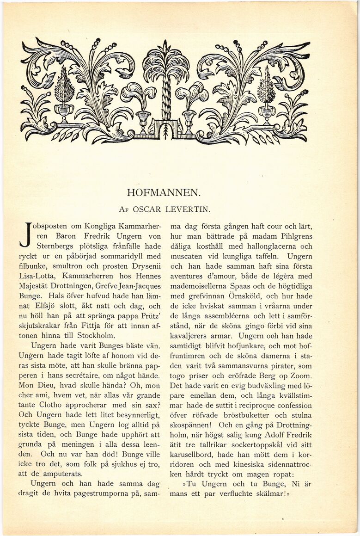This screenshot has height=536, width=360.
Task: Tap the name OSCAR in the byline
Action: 147,209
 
